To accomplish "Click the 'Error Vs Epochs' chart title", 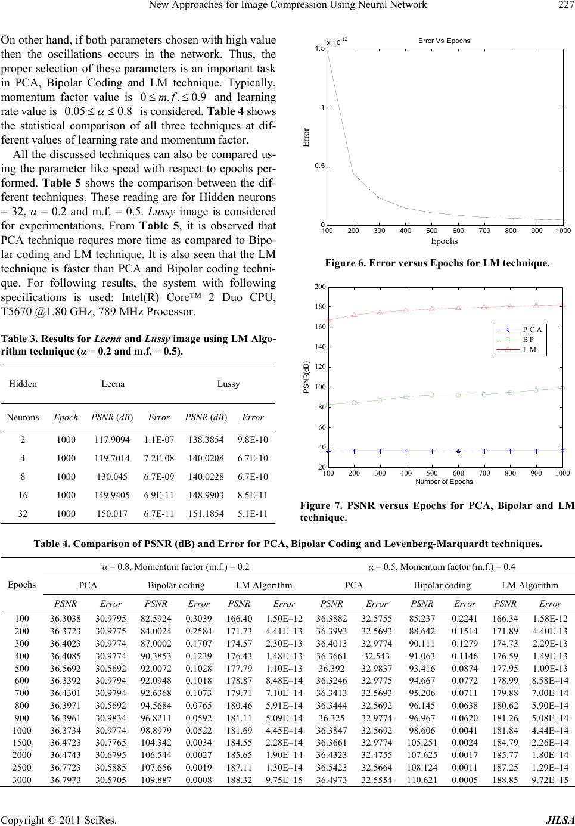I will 444,41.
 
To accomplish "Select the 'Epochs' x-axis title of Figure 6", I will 444,241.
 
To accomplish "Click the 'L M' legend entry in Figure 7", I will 529,350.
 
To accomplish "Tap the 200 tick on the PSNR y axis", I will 320,287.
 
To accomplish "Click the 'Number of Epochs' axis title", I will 444,482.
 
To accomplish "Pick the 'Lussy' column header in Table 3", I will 228,384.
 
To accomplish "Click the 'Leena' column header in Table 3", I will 113,384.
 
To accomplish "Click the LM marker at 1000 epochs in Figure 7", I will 562,305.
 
